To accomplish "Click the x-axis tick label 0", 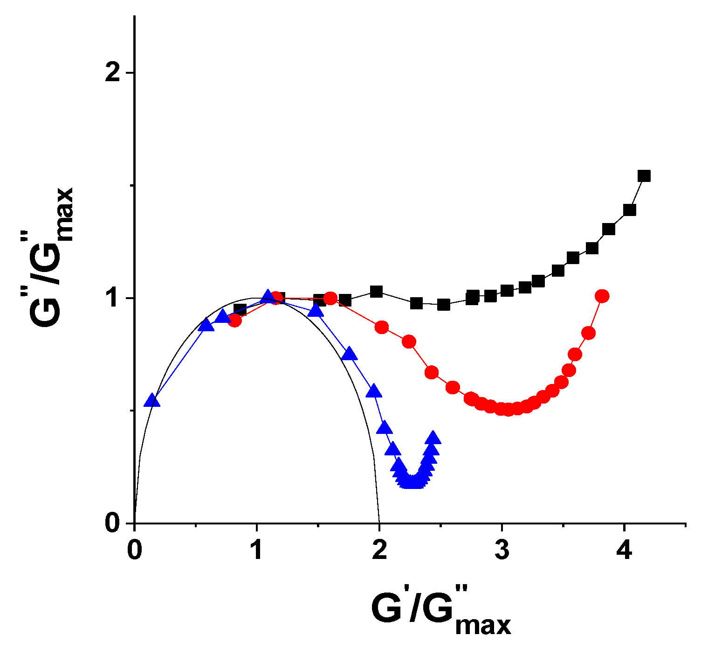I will point(134,551).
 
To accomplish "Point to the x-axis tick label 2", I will point(379,551).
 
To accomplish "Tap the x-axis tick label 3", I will point(502,551).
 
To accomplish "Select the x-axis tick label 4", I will point(624,551).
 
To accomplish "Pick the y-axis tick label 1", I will point(113,299).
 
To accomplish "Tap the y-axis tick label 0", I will point(113,523).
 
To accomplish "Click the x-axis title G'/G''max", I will point(440,611).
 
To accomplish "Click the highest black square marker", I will point(644,176).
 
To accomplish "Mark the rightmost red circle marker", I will point(602,296).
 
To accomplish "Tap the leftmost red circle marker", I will point(234,321).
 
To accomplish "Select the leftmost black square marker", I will point(240,309).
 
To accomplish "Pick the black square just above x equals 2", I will point(376,292).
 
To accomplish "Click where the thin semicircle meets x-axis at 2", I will point(379,523).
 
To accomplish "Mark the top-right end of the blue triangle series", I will point(433,438).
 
